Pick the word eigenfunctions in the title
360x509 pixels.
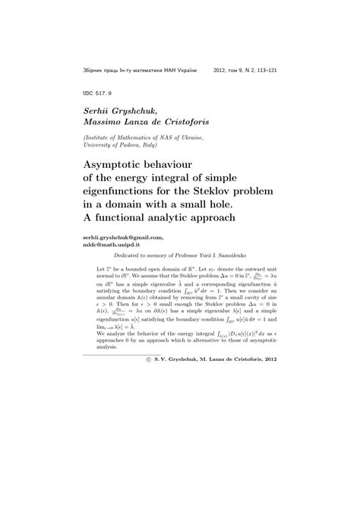pos(123,191)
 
